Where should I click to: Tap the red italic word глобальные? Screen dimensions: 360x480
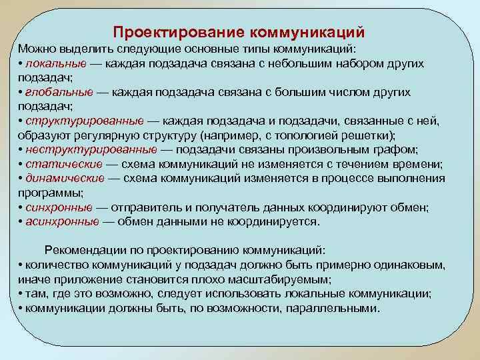coord(56,92)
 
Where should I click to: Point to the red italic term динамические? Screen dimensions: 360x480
coord(65,178)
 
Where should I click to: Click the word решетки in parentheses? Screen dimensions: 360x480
coord(373,135)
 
